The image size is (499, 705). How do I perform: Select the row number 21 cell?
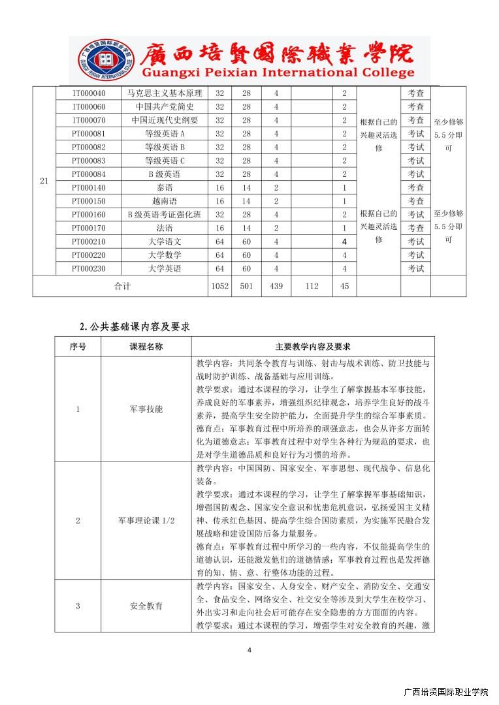44,181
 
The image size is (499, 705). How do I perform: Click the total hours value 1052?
219,286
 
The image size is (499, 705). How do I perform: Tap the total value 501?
246,286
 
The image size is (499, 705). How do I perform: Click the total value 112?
312,286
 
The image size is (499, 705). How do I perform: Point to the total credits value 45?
344,286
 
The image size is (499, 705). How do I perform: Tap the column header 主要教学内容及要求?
313,347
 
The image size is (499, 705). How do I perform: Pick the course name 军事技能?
146,409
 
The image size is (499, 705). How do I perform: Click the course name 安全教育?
146,606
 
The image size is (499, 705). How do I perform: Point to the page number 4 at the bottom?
249,650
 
